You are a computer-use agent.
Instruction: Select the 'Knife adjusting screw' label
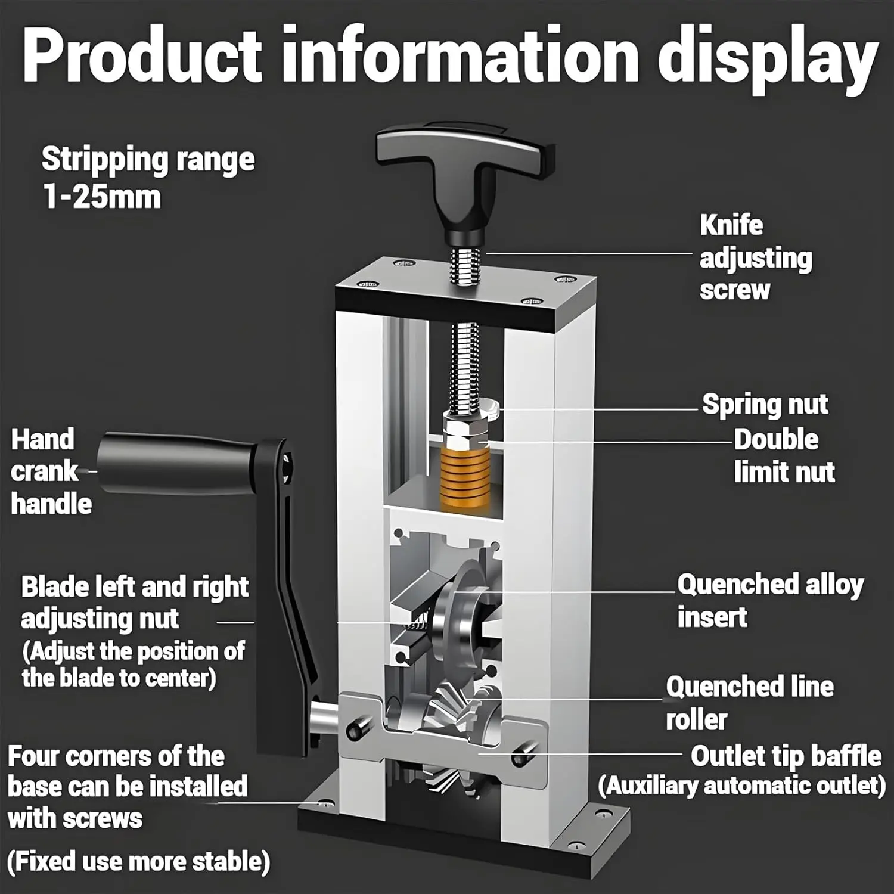(x=755, y=257)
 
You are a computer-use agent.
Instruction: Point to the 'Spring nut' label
(x=765, y=405)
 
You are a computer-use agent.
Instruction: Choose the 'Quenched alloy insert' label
(x=769, y=600)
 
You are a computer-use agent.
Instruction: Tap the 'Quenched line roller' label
(x=749, y=703)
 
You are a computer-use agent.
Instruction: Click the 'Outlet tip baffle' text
(x=786, y=756)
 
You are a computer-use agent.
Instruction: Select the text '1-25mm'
(x=102, y=197)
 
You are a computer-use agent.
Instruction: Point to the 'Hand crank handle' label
(x=51, y=471)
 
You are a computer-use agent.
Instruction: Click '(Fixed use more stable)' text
(x=138, y=861)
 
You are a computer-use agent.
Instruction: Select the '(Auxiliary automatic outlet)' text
(x=742, y=786)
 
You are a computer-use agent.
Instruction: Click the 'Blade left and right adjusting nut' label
(x=134, y=603)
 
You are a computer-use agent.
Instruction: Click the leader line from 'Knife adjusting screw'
(x=590, y=253)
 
